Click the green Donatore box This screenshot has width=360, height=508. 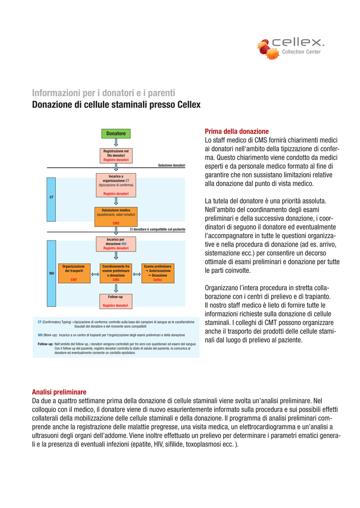click(x=116, y=133)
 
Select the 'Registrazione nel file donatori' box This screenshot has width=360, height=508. click(x=116, y=155)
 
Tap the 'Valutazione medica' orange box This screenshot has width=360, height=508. click(x=116, y=216)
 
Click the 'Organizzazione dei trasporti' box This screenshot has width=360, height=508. click(x=74, y=273)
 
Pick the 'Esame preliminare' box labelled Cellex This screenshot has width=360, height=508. click(x=157, y=273)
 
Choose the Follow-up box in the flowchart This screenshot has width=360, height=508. click(x=116, y=301)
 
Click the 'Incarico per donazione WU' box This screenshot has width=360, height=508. click(x=116, y=244)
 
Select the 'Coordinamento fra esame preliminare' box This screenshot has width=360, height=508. click(x=116, y=273)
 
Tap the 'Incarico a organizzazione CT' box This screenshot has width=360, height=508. click(x=116, y=185)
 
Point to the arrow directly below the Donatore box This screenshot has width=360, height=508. click(x=116, y=143)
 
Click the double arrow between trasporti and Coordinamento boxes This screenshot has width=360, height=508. click(x=95, y=273)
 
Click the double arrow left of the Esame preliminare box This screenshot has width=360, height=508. click(x=137, y=273)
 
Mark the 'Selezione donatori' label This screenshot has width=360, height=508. click(x=171, y=165)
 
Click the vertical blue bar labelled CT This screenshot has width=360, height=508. click(x=51, y=197)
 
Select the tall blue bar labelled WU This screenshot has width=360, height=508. click(x=51, y=273)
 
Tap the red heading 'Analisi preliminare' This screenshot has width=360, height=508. click(x=59, y=391)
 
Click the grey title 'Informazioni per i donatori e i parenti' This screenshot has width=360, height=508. click(x=104, y=93)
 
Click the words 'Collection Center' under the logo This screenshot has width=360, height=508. click(x=301, y=52)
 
